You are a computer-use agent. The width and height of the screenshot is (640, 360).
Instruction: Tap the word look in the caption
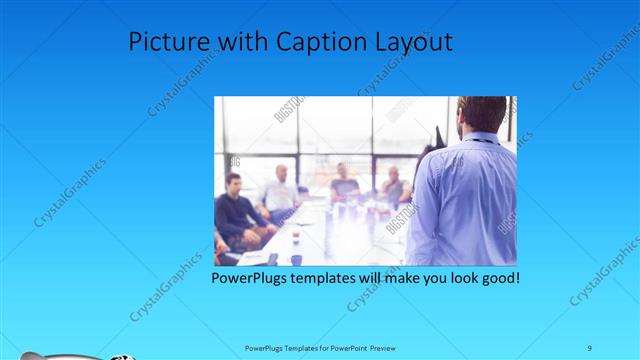coord(455,277)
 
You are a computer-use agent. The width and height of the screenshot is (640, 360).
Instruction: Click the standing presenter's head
coord(481,115)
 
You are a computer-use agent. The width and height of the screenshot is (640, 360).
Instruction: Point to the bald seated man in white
coord(280,190)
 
